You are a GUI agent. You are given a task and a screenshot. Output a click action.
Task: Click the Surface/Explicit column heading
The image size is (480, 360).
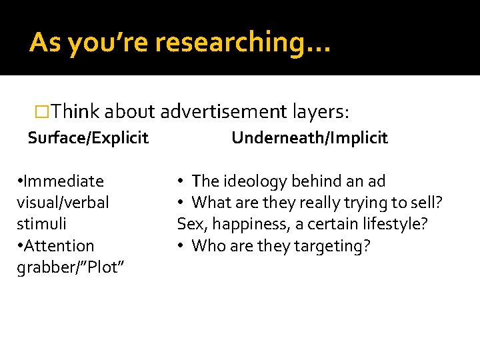[88, 138]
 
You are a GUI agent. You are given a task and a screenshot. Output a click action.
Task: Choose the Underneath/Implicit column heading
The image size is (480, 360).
[309, 138]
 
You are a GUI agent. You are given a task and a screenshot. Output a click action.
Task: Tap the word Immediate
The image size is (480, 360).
[63, 181]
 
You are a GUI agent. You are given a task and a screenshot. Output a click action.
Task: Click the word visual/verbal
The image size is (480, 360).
[63, 203]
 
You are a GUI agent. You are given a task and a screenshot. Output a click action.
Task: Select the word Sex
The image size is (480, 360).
[190, 224]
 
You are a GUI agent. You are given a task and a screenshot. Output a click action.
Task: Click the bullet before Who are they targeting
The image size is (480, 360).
[181, 246]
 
